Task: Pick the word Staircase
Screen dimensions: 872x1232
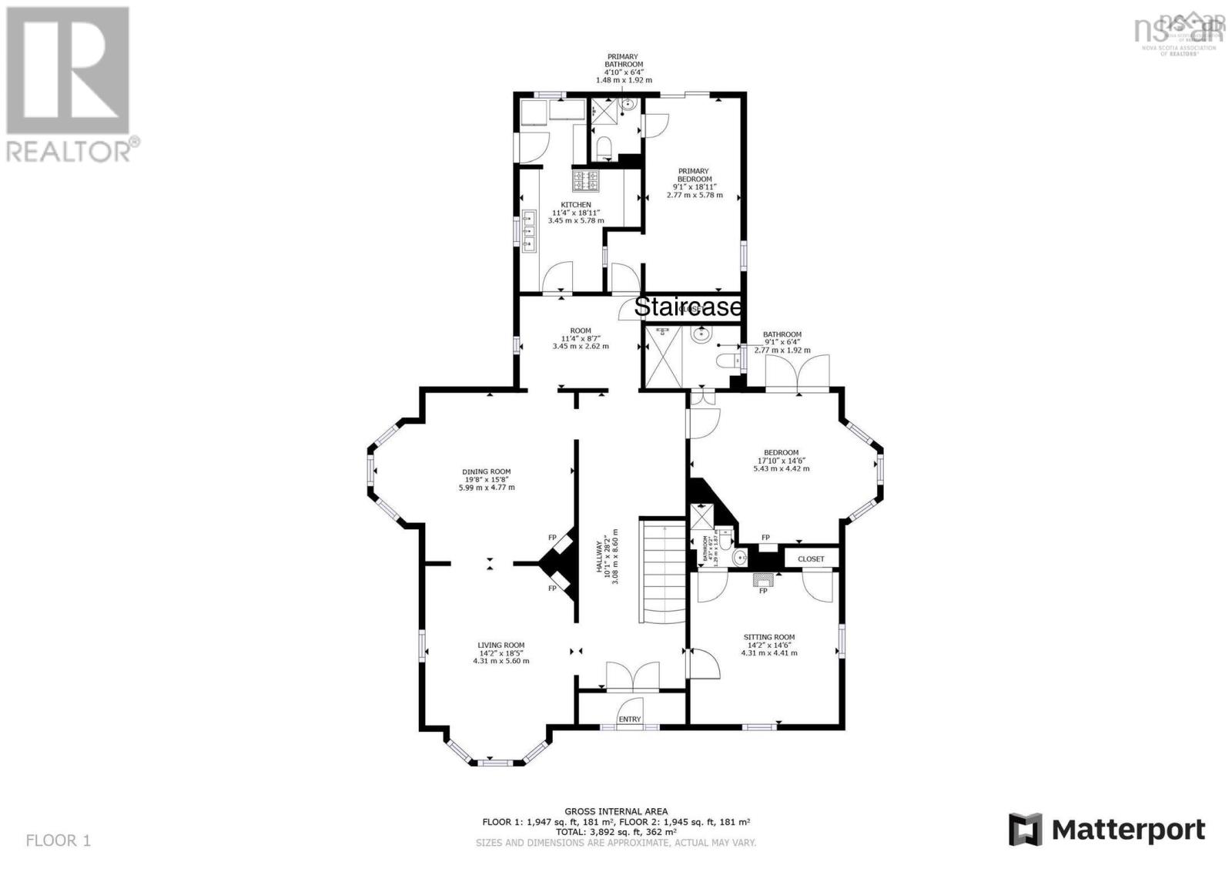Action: [688, 307]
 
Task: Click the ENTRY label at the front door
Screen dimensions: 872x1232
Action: [629, 719]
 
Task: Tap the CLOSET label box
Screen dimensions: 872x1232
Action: [811, 558]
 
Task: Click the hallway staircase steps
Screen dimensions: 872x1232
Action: [662, 570]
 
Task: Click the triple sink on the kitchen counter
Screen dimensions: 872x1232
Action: [529, 230]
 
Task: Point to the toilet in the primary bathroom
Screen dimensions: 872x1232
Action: [604, 146]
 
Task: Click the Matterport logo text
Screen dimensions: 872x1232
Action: [1128, 830]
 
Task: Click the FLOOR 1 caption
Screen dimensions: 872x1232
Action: [59, 840]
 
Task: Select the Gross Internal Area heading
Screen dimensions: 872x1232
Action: [616, 811]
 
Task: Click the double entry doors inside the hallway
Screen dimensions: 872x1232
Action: [632, 676]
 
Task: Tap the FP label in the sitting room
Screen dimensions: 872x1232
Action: [763, 591]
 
